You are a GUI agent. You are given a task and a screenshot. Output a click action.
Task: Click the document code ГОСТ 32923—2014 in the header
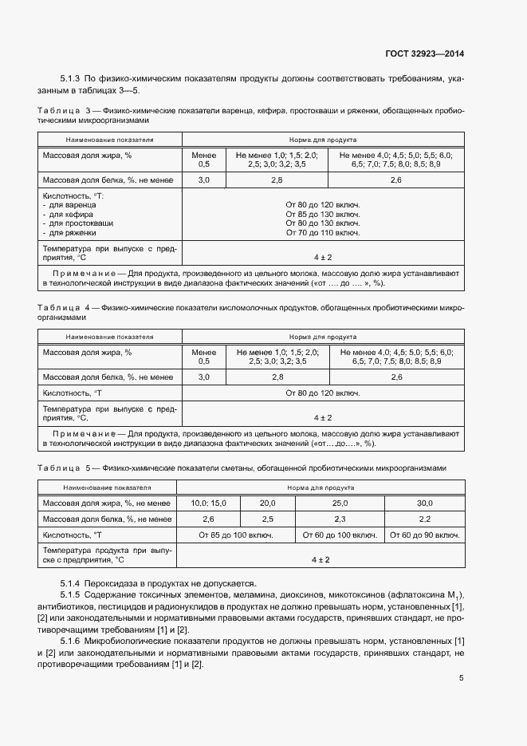point(423,54)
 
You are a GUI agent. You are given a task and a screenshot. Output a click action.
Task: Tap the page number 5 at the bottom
point(461,678)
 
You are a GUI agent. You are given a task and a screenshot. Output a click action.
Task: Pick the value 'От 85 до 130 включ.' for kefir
point(322,214)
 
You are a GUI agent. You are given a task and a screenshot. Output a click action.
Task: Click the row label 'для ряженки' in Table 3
point(72,233)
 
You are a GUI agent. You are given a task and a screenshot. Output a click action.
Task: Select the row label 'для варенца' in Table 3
point(72,205)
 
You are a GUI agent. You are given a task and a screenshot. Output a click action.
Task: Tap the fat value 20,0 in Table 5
point(267,503)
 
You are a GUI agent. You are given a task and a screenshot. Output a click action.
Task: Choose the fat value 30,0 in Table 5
point(424,503)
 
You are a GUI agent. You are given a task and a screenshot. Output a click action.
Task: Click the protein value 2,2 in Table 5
point(424,519)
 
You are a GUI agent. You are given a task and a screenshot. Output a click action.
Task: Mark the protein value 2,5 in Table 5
point(267,519)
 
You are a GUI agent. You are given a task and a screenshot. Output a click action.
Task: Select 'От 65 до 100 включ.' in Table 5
point(236,535)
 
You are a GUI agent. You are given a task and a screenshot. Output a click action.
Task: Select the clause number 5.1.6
point(70,642)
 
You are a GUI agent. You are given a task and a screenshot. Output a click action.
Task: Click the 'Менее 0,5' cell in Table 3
point(204,159)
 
